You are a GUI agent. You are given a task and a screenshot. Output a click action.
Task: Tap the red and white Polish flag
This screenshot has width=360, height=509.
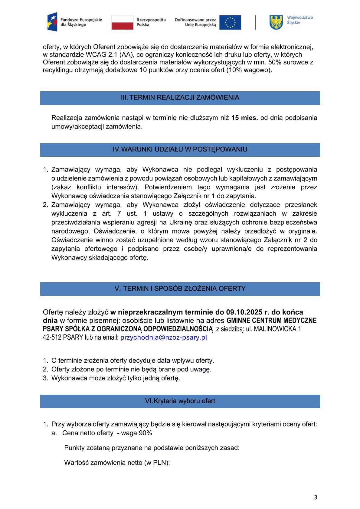pyautogui.click(x=122, y=22)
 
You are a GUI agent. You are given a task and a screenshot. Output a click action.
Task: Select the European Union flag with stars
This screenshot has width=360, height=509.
pyautogui.click(x=230, y=22)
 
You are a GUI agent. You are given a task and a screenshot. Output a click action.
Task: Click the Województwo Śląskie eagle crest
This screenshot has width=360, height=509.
pyautogui.click(x=276, y=22)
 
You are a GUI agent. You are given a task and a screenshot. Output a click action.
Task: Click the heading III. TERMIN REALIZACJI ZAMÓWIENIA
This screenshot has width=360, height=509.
pyautogui.click(x=180, y=98)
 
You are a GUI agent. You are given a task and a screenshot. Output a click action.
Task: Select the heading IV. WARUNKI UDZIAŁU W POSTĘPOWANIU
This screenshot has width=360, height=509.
pyautogui.click(x=180, y=149)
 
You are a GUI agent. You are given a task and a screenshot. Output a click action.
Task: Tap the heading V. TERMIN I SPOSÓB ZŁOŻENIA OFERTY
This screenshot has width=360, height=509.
pyautogui.click(x=180, y=289)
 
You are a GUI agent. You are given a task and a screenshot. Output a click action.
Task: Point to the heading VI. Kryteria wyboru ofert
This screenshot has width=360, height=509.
pyautogui.click(x=180, y=401)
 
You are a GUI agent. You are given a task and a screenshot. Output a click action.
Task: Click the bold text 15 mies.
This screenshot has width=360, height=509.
pyautogui.click(x=244, y=118)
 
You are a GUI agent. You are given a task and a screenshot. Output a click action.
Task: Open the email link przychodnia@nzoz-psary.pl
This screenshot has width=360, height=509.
pyautogui.click(x=164, y=338)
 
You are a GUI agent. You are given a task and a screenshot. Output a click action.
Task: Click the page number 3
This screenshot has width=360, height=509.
pyautogui.click(x=316, y=498)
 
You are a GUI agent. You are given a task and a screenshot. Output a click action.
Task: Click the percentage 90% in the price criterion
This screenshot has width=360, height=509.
pyautogui.click(x=145, y=433)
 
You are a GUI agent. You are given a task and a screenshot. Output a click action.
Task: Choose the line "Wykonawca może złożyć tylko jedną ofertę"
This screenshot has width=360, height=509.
pyautogui.click(x=116, y=378)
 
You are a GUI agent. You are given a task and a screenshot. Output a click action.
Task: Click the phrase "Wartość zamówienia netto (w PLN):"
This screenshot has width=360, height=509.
pyautogui.click(x=117, y=463)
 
